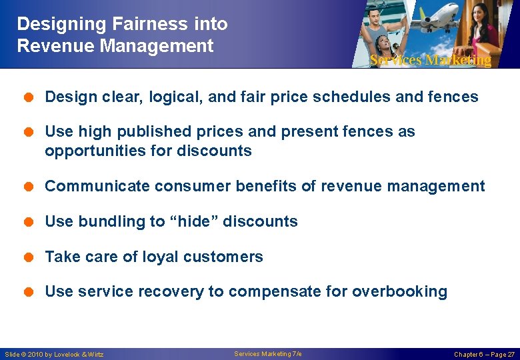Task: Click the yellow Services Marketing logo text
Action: tap(430, 60)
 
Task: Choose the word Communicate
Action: tap(97, 186)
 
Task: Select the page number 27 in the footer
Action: tap(510, 355)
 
